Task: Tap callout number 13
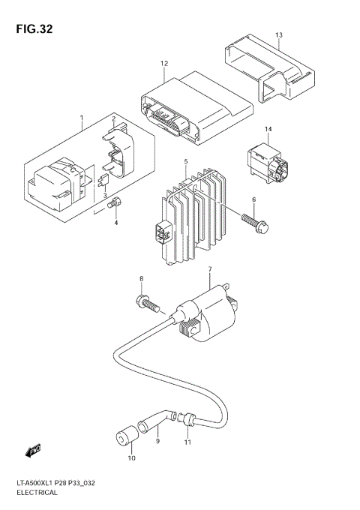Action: coord(278,35)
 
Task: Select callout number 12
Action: coord(163,65)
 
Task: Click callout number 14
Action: coord(268,129)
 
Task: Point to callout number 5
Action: coord(185,162)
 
